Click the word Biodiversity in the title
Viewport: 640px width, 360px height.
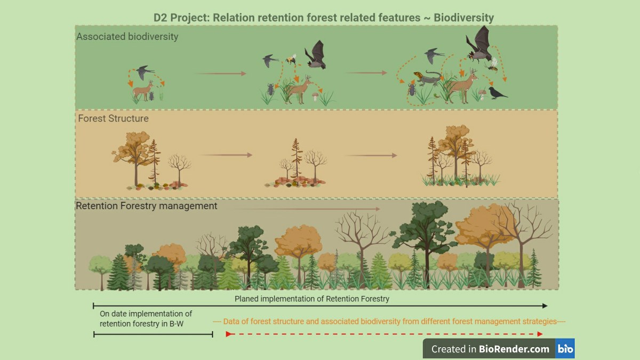coord(463,18)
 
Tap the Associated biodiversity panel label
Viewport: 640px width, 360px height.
coord(127,37)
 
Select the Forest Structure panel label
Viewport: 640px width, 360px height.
coord(113,118)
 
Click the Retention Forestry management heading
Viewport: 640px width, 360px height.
coord(146,206)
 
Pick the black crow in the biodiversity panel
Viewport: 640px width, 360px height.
coord(498,93)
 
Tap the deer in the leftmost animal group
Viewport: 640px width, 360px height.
coord(143,90)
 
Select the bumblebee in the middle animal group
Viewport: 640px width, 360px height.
coord(291,59)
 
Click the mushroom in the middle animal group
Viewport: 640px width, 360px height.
coord(315,96)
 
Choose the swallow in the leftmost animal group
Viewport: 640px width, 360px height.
coord(145,73)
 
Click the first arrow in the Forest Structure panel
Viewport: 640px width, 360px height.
coord(226,155)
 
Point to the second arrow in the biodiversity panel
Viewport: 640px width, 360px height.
coord(366,73)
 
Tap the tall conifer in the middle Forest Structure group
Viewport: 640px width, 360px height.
coord(296,158)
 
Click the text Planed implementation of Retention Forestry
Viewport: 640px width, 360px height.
coord(311,299)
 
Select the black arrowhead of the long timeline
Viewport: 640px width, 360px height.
coord(545,306)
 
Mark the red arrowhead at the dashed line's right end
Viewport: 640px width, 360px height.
coord(540,334)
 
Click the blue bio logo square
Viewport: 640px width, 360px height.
coord(565,349)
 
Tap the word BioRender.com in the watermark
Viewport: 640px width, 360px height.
coord(514,349)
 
